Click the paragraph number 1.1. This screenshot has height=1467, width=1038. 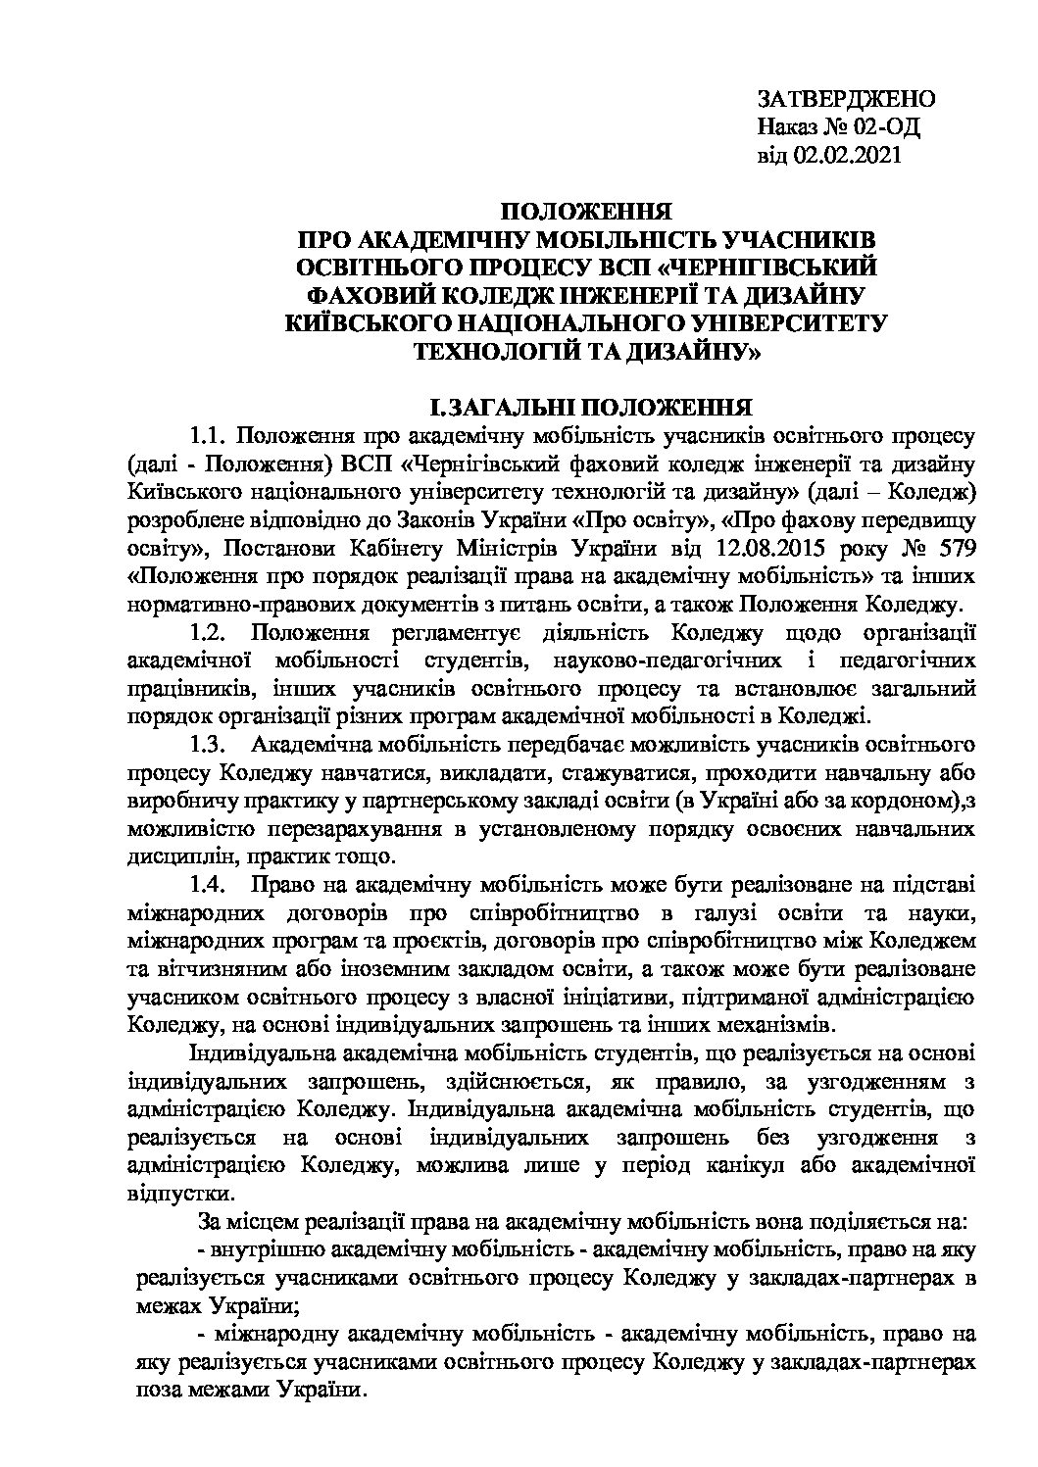209,434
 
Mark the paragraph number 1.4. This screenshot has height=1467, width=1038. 209,888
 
